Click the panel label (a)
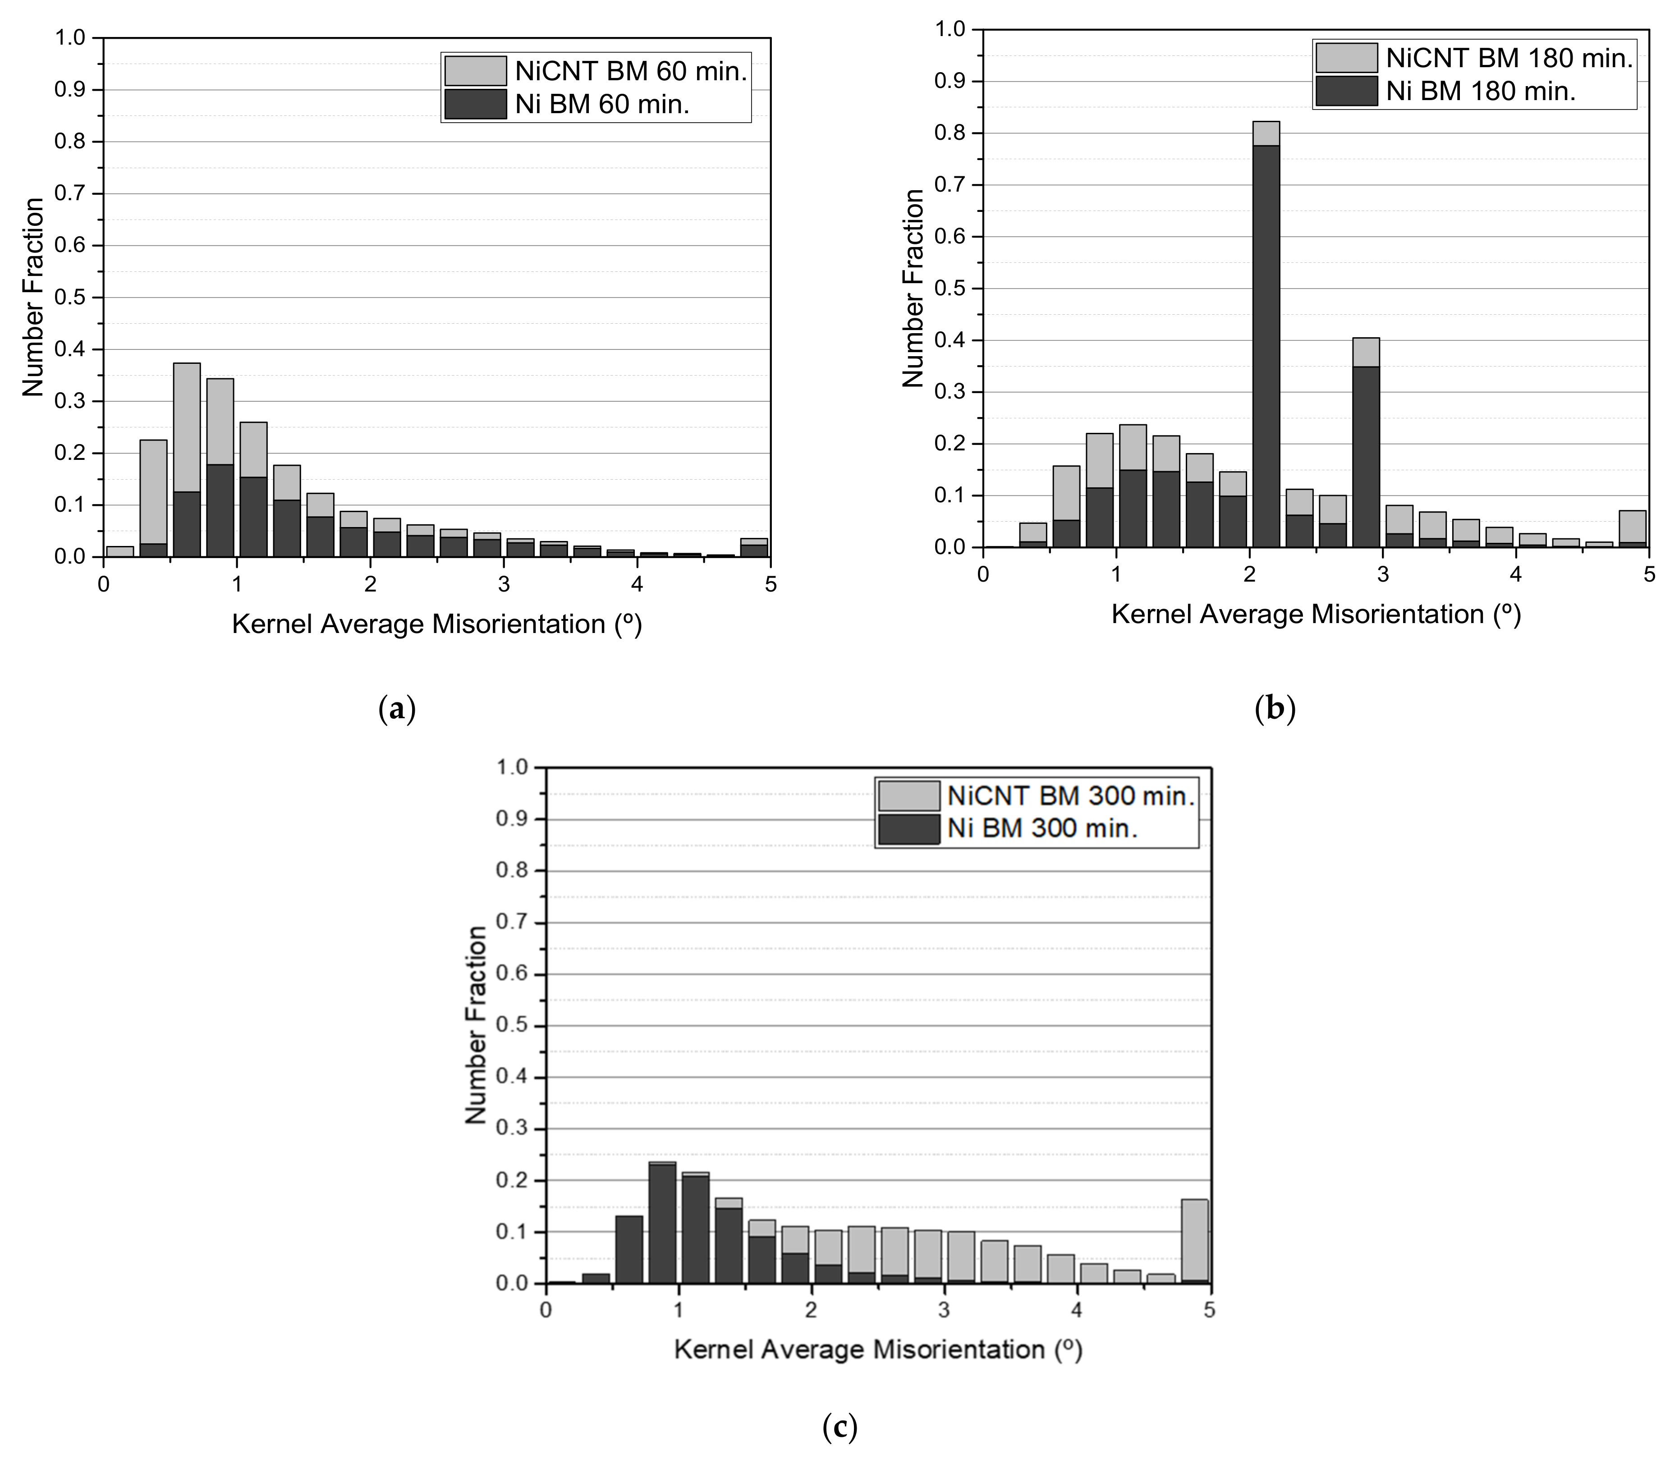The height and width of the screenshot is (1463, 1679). [x=398, y=709]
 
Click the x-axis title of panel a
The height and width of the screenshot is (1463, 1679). [x=437, y=624]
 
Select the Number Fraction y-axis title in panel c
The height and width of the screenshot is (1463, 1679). [x=476, y=1025]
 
